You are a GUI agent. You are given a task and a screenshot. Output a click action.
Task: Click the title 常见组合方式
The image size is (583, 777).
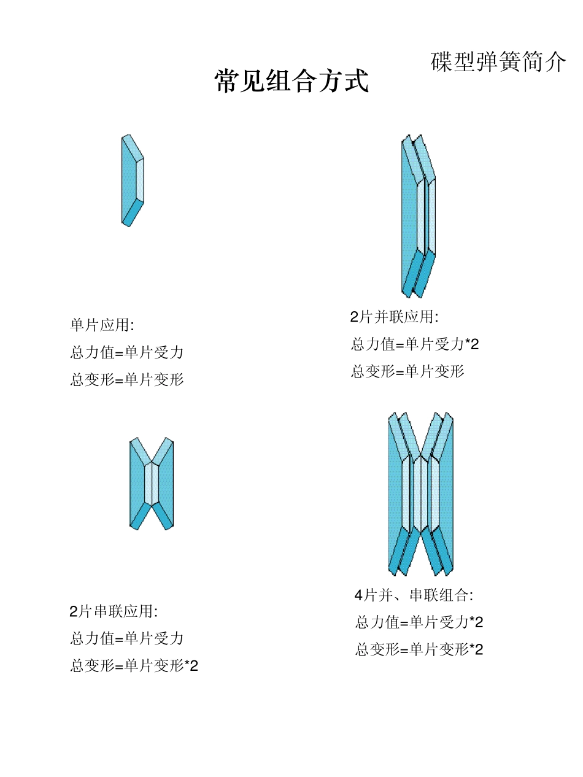(291, 81)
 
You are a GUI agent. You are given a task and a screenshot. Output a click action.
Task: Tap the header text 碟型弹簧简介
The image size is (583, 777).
(498, 62)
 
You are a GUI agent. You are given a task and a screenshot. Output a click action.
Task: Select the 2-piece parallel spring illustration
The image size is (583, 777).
(418, 216)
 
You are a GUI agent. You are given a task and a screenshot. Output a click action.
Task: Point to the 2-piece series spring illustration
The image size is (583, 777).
(152, 483)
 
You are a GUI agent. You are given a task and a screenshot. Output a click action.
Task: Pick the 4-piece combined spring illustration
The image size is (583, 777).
(420, 494)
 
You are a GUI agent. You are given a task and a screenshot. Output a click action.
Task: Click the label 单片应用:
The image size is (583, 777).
(102, 325)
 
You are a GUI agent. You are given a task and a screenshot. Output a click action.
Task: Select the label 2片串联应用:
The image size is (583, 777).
(114, 611)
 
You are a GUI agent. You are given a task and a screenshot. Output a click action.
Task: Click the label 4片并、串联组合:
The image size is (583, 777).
(414, 595)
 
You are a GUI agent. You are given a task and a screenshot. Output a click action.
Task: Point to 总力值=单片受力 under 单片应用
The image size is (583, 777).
(127, 352)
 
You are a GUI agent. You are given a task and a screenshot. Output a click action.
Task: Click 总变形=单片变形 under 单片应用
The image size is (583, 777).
(127, 379)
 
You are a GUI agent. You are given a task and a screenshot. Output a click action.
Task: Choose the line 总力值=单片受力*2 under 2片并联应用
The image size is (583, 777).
(415, 344)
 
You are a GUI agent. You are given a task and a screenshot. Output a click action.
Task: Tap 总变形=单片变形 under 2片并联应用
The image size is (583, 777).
(407, 371)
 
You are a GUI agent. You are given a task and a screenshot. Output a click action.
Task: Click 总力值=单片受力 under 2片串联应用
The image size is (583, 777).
(127, 638)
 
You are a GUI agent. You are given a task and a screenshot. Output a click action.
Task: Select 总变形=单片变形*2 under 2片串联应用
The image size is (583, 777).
(134, 665)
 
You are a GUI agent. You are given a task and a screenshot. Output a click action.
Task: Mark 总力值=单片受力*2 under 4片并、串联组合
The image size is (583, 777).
(419, 622)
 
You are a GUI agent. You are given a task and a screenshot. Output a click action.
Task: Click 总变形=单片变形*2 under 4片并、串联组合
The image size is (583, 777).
(419, 649)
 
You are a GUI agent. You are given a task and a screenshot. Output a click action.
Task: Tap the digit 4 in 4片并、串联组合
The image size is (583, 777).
(359, 595)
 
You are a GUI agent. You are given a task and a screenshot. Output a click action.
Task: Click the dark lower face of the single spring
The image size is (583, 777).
(133, 212)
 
